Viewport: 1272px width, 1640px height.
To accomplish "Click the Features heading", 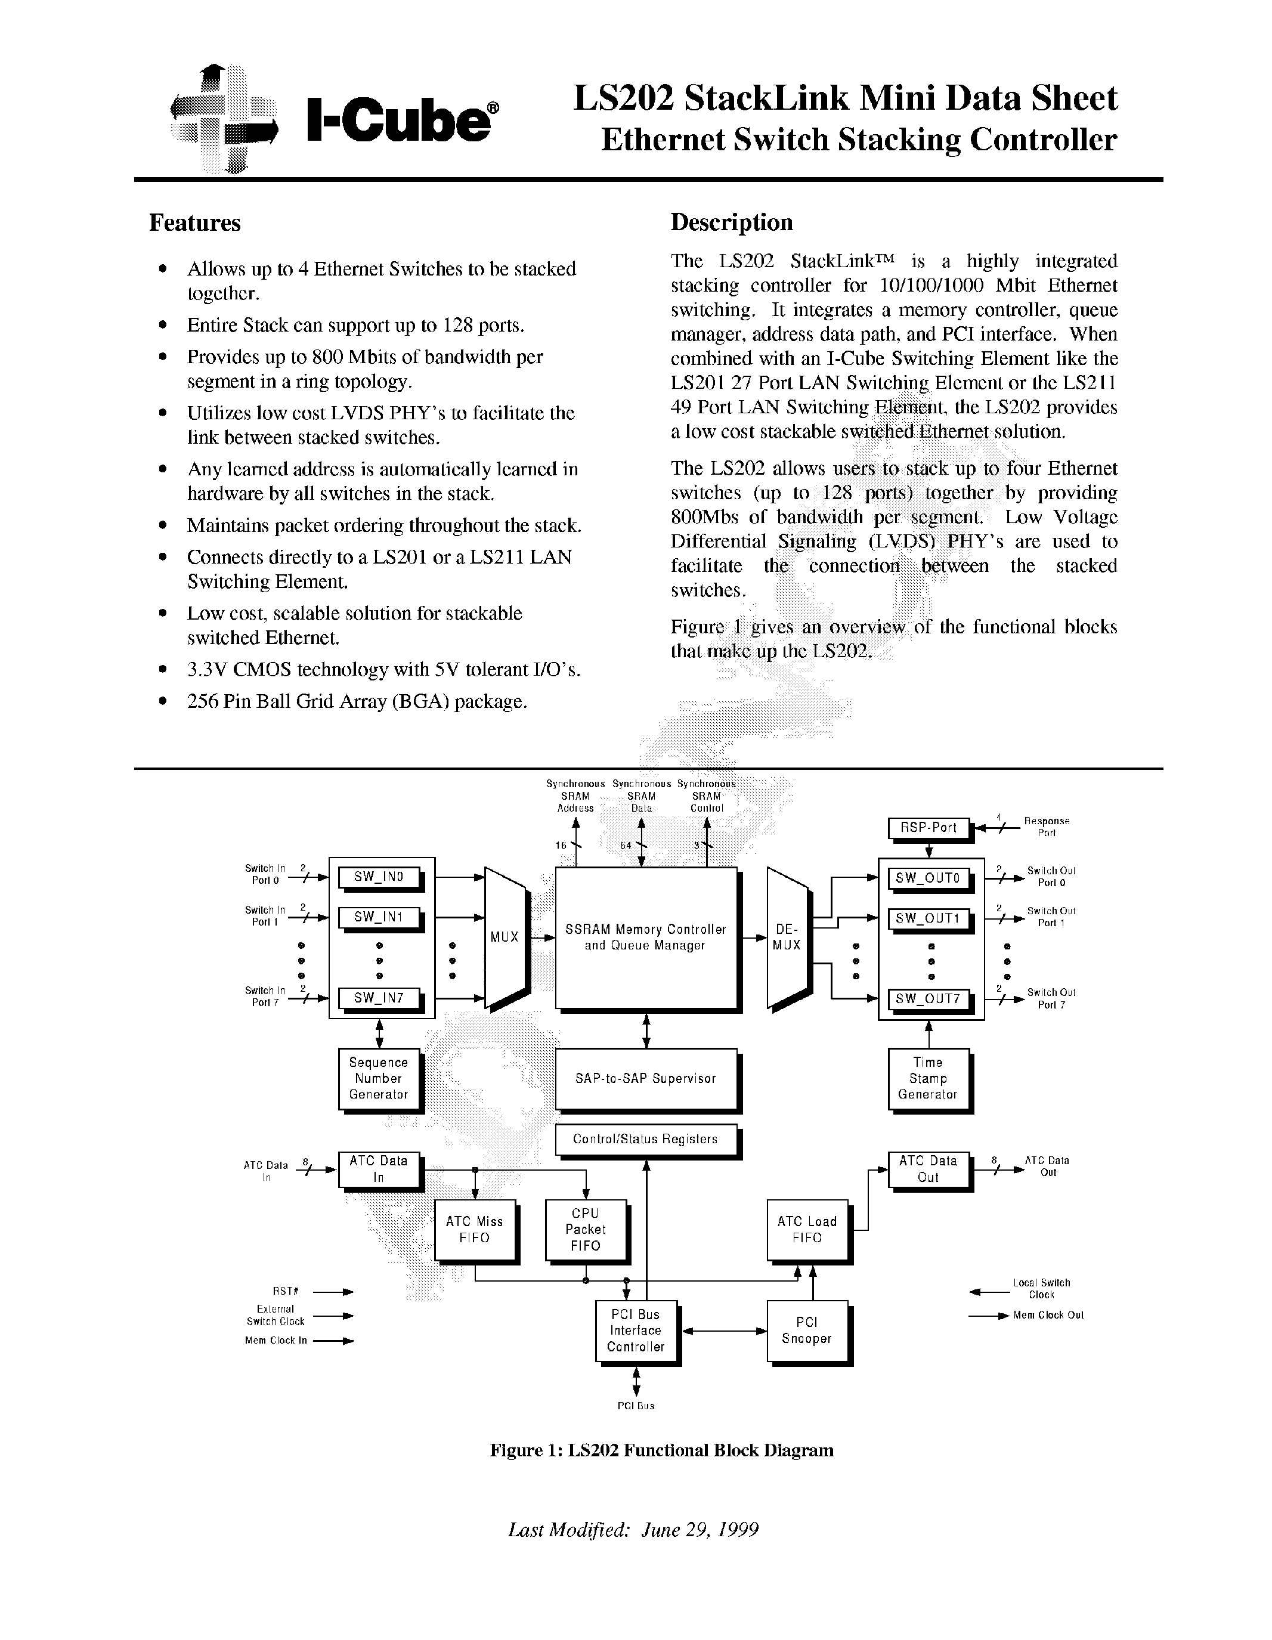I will (194, 223).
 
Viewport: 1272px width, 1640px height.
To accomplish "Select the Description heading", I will (731, 222).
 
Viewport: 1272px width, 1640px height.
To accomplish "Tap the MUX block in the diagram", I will (505, 937).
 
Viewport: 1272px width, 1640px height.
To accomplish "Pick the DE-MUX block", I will (786, 937).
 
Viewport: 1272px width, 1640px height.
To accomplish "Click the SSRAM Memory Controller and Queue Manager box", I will (645, 937).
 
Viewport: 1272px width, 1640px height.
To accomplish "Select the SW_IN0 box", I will (379, 877).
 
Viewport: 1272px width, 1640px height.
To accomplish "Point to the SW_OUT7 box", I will (928, 1000).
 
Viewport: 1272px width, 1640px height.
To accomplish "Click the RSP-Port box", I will (928, 828).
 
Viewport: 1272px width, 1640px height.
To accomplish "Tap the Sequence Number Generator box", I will (379, 1078).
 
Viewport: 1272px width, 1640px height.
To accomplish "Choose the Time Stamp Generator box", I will (928, 1078).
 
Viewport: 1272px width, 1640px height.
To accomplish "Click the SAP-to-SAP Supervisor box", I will (645, 1078).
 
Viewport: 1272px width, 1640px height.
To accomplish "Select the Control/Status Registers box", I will (645, 1139).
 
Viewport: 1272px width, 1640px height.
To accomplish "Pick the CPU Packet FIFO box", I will (585, 1229).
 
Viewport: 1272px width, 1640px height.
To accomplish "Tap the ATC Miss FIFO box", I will (475, 1229).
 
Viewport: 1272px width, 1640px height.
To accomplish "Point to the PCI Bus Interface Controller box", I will (635, 1330).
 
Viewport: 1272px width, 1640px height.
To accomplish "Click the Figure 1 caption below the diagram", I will (661, 1450).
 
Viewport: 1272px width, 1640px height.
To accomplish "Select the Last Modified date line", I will (633, 1530).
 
